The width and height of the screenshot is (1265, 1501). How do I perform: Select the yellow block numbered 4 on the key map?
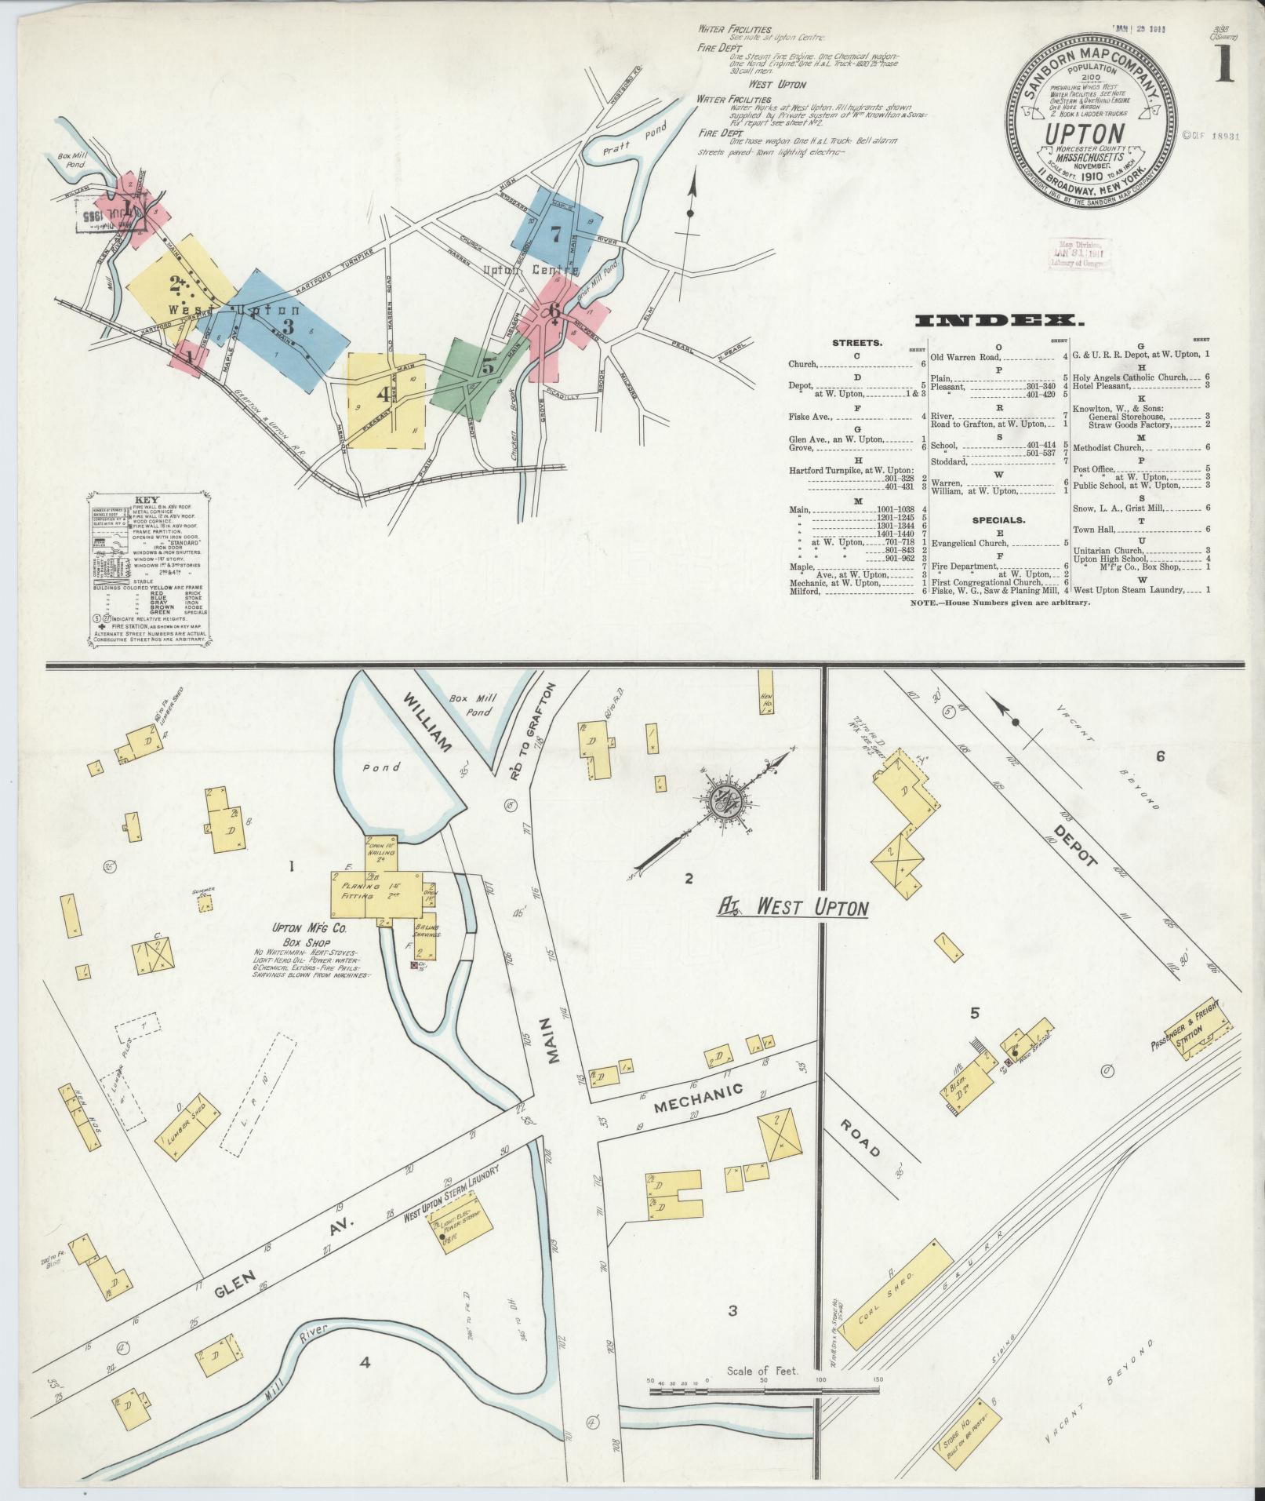[384, 399]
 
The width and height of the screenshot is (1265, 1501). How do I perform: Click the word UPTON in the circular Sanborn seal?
[1085, 134]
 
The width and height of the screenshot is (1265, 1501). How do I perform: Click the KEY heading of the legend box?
[147, 500]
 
